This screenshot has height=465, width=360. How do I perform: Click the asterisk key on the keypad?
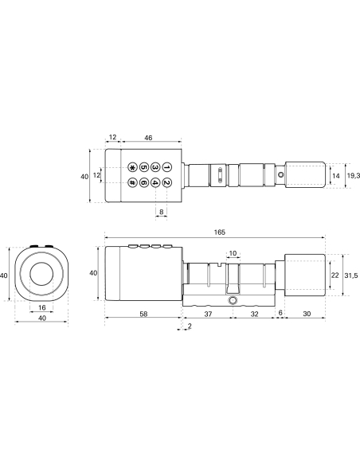pos(132,168)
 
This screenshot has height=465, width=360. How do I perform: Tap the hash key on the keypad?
pos(132,183)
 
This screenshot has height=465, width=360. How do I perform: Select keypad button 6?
pos(144,183)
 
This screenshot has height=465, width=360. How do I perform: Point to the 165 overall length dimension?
pos(220,232)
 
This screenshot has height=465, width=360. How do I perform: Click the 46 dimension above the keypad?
pos(149,138)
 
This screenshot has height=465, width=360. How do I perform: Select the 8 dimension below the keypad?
pos(162,212)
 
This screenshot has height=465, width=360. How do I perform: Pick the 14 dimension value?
pos(336,175)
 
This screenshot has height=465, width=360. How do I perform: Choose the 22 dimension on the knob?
pos(335,275)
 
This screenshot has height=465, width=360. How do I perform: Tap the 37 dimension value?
pos(208,315)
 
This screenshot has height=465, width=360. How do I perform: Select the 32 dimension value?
pos(254,315)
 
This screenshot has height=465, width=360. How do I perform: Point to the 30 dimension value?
pos(306,315)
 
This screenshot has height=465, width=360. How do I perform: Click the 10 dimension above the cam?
pos(233,254)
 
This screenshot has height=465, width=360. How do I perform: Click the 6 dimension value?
pos(280,315)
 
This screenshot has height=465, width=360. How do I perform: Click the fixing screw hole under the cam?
pos(232,303)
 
